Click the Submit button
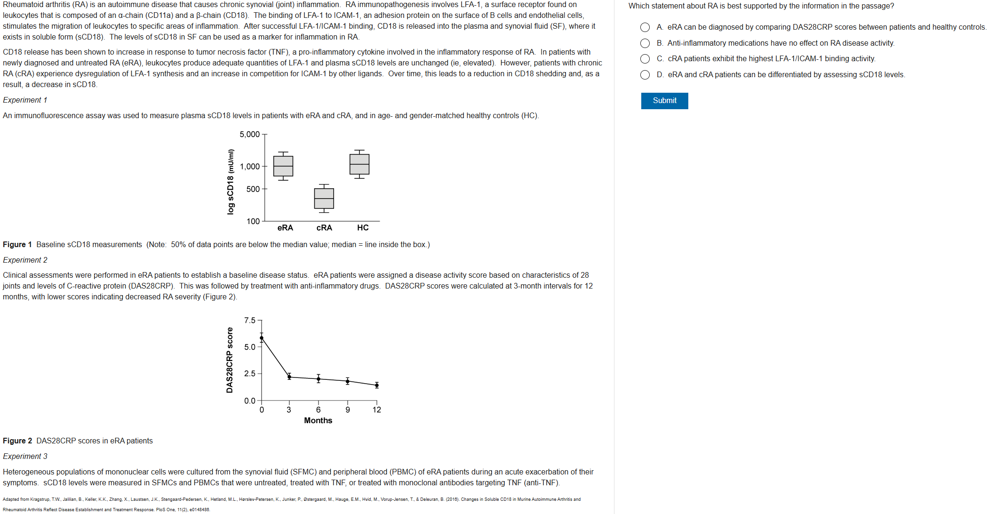click(664, 101)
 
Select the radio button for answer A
click(645, 27)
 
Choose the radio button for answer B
click(645, 43)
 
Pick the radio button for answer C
click(645, 59)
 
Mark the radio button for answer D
click(645, 75)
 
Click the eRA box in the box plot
click(283, 166)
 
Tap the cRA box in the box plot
click(324, 198)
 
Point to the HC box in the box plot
click(359, 164)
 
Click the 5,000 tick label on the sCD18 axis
click(249, 135)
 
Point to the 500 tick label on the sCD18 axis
click(253, 189)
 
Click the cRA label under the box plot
click(324, 228)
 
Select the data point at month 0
click(262, 338)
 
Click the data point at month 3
click(289, 377)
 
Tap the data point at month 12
click(377, 385)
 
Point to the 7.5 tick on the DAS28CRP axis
click(249, 321)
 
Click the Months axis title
click(318, 420)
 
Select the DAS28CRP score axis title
click(230, 360)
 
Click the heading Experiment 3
click(25, 456)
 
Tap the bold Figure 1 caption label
click(17, 244)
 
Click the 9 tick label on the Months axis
click(348, 410)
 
